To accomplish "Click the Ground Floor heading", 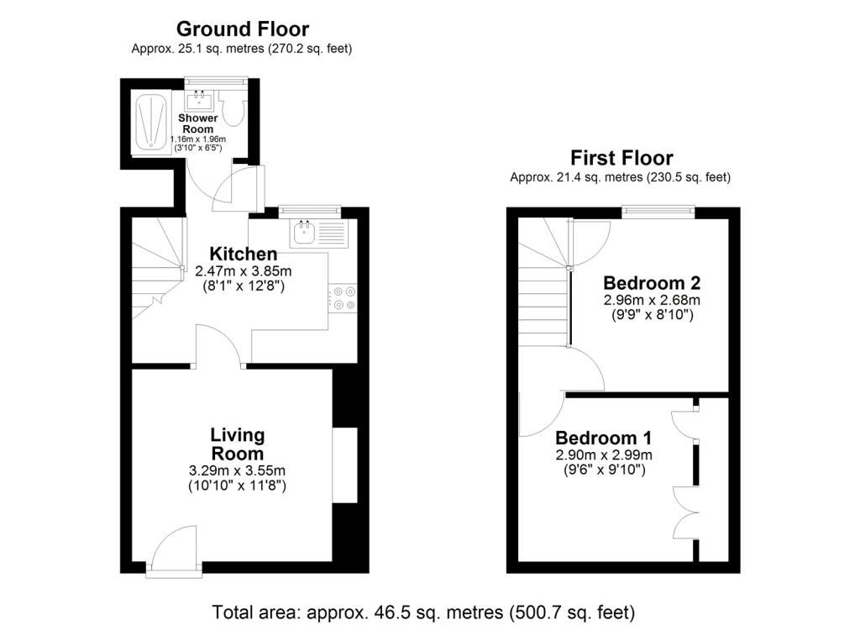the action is click(x=243, y=29).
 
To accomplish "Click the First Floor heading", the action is click(x=621, y=158).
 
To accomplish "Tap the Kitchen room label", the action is click(x=243, y=254).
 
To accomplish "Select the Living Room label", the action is click(x=238, y=444).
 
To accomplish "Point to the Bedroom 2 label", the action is click(x=652, y=283).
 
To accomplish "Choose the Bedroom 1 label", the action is click(x=603, y=438).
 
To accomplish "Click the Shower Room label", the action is click(x=198, y=123).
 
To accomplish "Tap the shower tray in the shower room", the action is click(x=152, y=123).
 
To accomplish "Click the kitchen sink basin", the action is click(x=303, y=232).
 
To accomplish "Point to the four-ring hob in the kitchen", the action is click(x=343, y=298).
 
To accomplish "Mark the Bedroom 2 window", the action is click(x=658, y=211).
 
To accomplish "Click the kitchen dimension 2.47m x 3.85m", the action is click(x=243, y=271).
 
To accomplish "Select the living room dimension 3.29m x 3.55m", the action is click(x=237, y=470).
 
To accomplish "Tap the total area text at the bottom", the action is click(x=423, y=612).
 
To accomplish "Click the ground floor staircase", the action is click(x=158, y=268).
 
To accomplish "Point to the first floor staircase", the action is click(x=543, y=282).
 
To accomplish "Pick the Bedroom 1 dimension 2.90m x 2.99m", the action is click(x=604, y=455).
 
